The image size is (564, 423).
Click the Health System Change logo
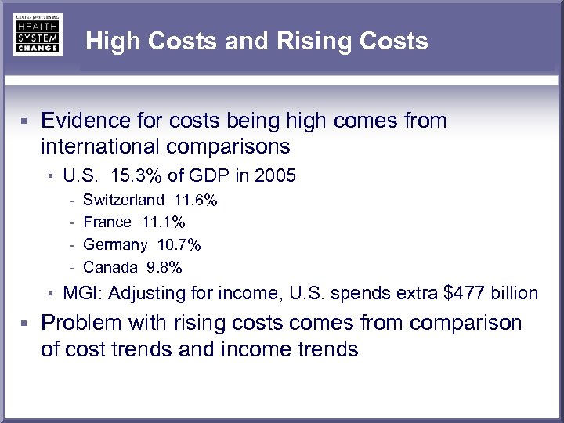coord(37,34)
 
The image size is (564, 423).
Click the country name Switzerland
coord(124,201)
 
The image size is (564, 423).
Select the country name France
coord(107,223)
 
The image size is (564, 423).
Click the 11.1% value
coord(164,223)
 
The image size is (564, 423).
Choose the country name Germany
coord(115,245)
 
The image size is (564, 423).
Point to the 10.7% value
coord(179,245)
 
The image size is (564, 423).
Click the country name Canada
coord(110,268)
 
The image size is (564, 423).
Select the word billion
coord(515,294)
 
